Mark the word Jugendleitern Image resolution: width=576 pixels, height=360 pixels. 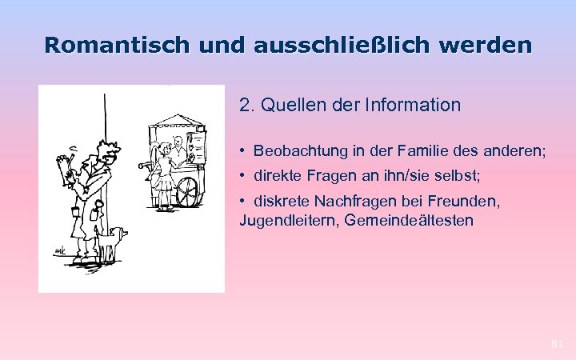tap(281, 219)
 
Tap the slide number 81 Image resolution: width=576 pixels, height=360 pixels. tap(558, 344)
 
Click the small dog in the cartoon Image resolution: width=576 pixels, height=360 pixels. tap(114, 239)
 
